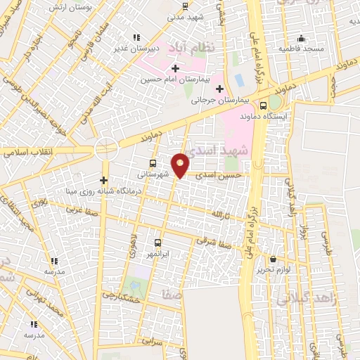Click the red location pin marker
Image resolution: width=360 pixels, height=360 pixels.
tap(181, 165)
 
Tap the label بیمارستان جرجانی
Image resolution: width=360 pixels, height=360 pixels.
tap(219, 100)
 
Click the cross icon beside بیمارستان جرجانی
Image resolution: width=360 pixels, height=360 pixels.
tap(220, 89)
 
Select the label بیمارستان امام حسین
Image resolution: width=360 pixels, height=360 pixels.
tap(179, 79)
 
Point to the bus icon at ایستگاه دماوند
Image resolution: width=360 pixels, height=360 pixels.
tap(263, 106)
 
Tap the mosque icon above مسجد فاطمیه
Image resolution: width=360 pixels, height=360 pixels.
tap(301, 38)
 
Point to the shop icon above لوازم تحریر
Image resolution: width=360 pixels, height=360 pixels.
tap(272, 259)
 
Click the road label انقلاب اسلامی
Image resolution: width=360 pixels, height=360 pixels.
tap(25, 150)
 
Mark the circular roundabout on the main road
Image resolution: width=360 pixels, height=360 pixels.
tap(106, 149)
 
